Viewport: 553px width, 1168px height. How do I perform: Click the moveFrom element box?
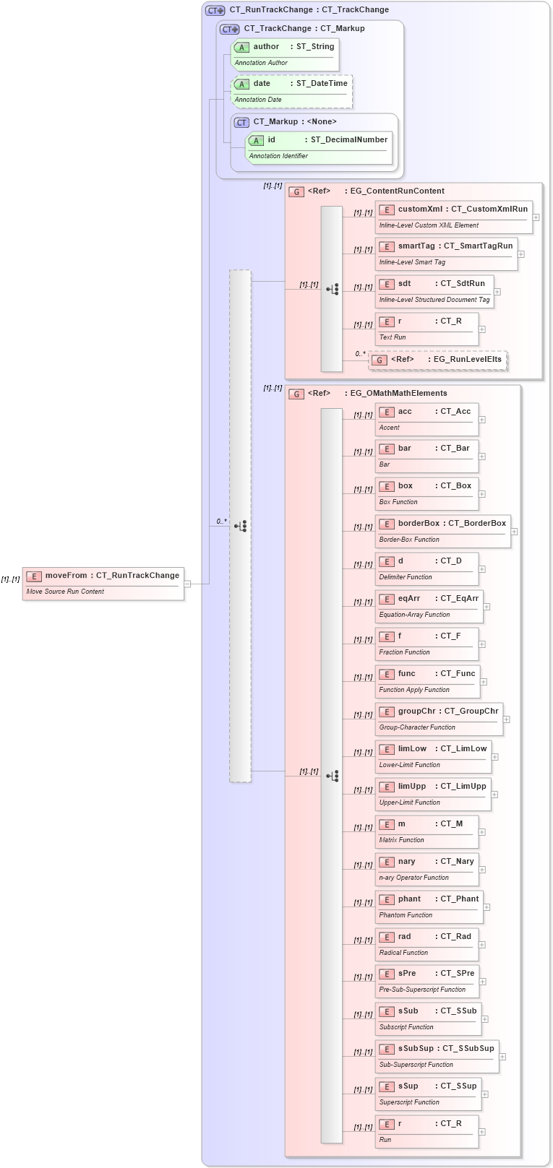point(103,583)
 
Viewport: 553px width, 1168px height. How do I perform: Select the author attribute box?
point(285,54)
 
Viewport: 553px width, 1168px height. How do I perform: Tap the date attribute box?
point(291,91)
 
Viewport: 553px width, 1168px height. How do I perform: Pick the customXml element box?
point(453,217)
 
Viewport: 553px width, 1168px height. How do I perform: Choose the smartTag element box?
point(446,254)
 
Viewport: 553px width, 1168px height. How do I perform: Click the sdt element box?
point(434,291)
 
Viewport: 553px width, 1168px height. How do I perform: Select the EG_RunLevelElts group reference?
point(438,360)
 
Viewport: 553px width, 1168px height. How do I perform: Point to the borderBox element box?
point(442,531)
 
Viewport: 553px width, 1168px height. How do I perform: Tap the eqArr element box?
point(429,606)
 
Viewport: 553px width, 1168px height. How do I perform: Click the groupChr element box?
point(439,719)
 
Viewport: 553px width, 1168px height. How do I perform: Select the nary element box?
point(426,869)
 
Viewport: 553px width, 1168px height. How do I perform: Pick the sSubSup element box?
point(437,1056)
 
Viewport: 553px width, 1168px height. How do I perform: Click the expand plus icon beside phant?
point(486,907)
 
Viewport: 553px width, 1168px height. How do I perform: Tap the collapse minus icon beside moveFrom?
point(187,584)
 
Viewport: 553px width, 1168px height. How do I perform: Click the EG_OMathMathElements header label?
point(398,394)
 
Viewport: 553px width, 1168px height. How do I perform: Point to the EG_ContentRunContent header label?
point(397,191)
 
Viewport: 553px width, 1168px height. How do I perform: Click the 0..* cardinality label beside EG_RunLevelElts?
point(360,354)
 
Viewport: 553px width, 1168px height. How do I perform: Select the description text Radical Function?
point(403,953)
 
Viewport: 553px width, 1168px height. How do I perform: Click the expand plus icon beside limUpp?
point(494,795)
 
